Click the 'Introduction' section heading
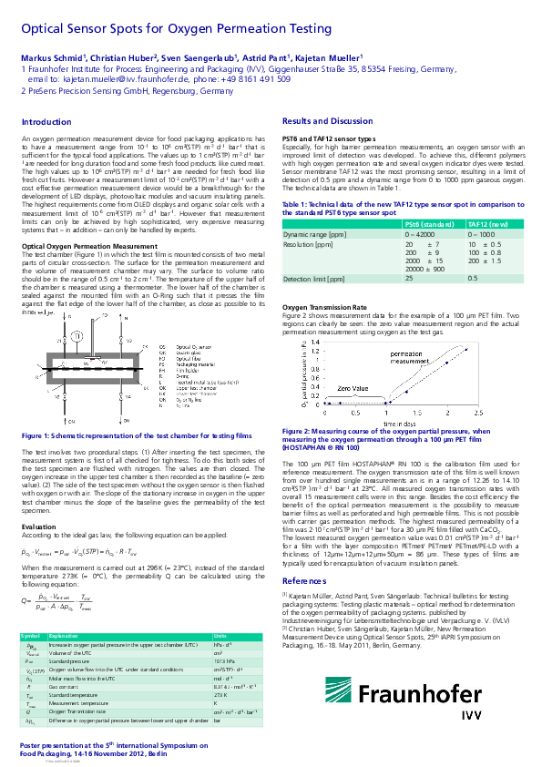point(46,121)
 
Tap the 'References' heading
point(305,555)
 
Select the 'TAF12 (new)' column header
point(489,222)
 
